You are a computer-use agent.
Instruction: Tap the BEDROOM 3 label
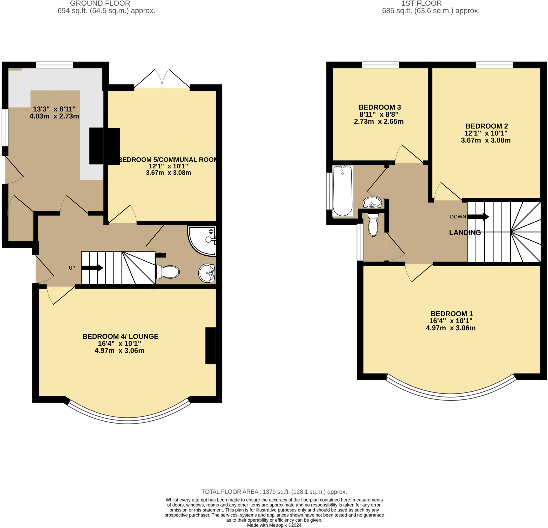point(379,107)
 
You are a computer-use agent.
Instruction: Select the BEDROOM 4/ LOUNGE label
point(120,336)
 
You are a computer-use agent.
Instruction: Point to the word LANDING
point(465,232)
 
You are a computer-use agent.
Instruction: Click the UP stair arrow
point(92,268)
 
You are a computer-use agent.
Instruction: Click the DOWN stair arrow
point(478,217)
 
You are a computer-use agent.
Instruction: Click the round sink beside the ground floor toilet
point(207,273)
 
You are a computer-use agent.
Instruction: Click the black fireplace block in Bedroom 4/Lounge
point(210,346)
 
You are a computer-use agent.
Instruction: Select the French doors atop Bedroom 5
point(162,80)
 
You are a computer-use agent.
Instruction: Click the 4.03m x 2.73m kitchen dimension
point(54,116)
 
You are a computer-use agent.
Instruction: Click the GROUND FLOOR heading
point(100,4)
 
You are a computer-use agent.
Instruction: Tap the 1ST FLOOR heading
point(421,4)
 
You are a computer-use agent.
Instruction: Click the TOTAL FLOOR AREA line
point(274,492)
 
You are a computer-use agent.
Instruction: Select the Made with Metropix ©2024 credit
point(274,525)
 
